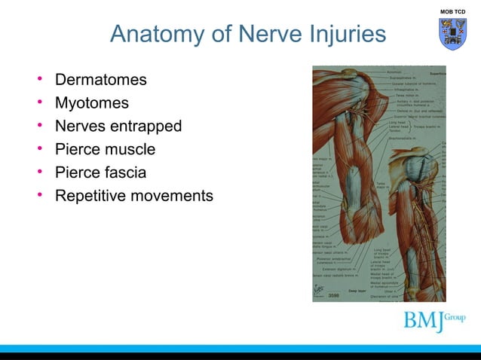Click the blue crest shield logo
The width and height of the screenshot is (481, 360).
click(x=453, y=35)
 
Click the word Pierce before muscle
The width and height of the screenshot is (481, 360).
click(x=78, y=149)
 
